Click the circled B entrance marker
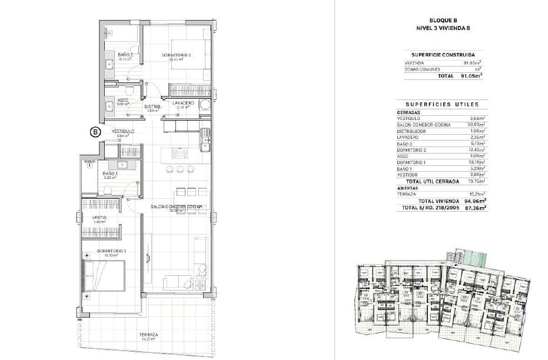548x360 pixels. (95, 132)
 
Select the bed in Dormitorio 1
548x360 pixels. (105, 276)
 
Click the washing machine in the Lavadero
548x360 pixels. (205, 105)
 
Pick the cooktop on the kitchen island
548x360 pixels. (180, 154)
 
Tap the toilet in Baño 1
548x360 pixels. (108, 189)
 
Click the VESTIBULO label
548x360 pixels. (123, 131)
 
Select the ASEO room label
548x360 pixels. (123, 100)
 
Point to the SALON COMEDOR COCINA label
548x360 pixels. (176, 206)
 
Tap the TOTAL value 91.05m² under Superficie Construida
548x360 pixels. (471, 76)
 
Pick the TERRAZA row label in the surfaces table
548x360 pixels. (407, 194)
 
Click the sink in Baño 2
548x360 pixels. (109, 64)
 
